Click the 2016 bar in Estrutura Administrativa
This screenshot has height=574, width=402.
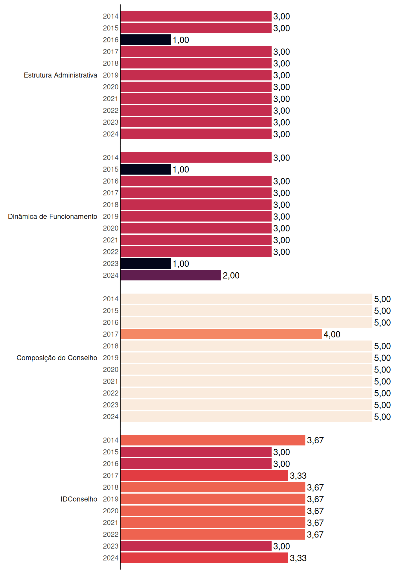(146, 40)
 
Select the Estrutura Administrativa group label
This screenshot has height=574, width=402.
(60, 75)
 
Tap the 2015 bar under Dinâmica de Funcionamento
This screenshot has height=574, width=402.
(146, 169)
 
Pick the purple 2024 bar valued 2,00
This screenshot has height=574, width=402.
(171, 275)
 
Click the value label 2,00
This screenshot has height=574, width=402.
(231, 275)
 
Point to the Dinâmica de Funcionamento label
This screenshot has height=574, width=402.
(53, 216)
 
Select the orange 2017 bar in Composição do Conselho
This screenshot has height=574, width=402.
(221, 334)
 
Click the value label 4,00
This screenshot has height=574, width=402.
(332, 334)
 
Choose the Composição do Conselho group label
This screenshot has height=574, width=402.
(57, 358)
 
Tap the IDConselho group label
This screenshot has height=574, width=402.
(79, 499)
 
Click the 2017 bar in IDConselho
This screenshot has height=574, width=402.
(205, 475)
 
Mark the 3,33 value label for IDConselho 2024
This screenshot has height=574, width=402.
(298, 558)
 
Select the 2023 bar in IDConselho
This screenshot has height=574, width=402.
(196, 546)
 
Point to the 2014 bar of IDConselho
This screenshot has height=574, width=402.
(213, 440)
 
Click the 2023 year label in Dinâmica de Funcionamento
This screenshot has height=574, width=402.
(111, 263)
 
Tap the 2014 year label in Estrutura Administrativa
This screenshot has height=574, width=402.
(111, 16)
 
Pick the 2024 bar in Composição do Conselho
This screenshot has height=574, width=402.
(246, 416)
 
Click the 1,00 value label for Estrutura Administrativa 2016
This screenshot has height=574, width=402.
(181, 40)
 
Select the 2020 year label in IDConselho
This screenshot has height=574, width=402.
(111, 511)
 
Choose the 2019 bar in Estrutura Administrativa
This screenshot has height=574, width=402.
(196, 75)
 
